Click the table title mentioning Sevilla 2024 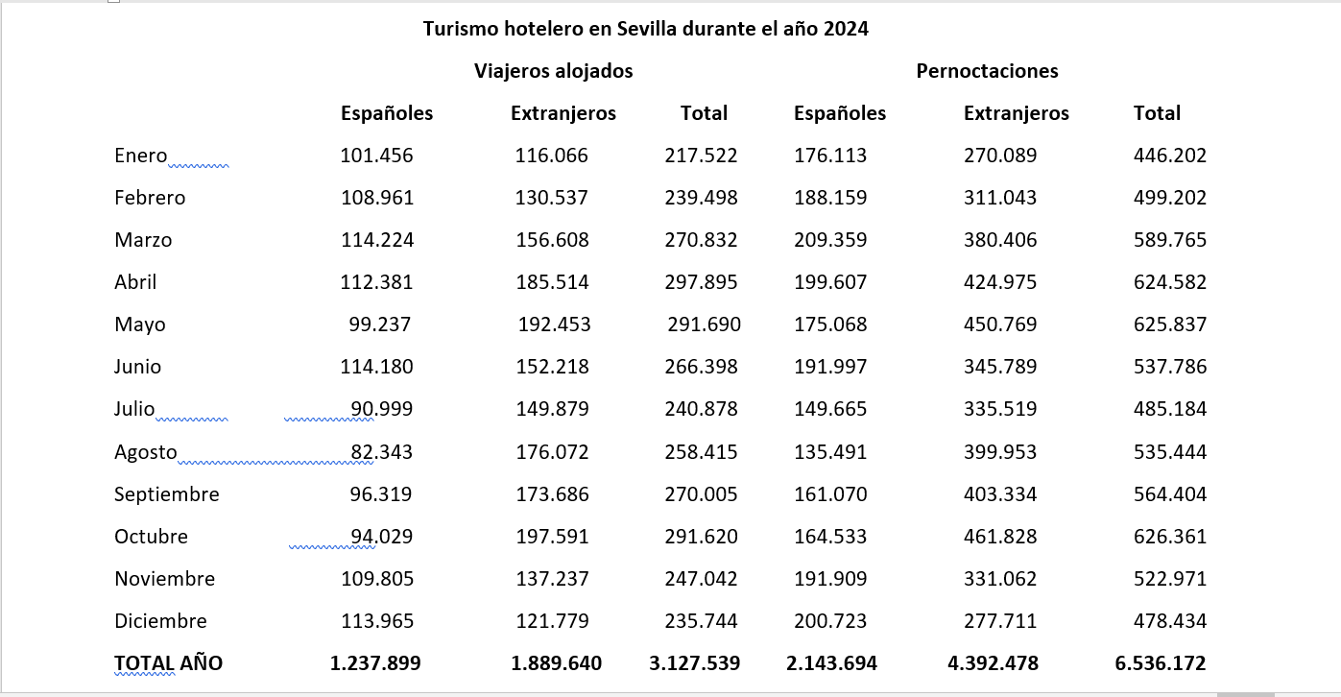click(x=645, y=29)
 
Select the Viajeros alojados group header click(x=553, y=71)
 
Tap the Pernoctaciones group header click(x=987, y=71)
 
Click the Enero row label click(x=140, y=156)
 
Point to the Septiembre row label click(x=166, y=494)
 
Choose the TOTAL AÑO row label click(x=168, y=663)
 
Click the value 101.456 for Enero click(x=376, y=156)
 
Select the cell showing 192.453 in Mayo click(x=554, y=324)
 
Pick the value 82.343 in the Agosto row click(x=381, y=452)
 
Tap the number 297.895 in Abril click(x=701, y=282)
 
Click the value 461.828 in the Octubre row click(x=1000, y=537)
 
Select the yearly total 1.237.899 click(x=374, y=663)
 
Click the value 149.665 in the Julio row click(x=830, y=409)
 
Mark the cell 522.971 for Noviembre click(x=1169, y=579)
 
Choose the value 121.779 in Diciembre click(x=552, y=621)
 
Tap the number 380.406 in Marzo click(x=1000, y=240)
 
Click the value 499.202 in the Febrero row click(x=1169, y=198)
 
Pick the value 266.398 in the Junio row click(x=701, y=367)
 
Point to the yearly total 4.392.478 click(x=999, y=663)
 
